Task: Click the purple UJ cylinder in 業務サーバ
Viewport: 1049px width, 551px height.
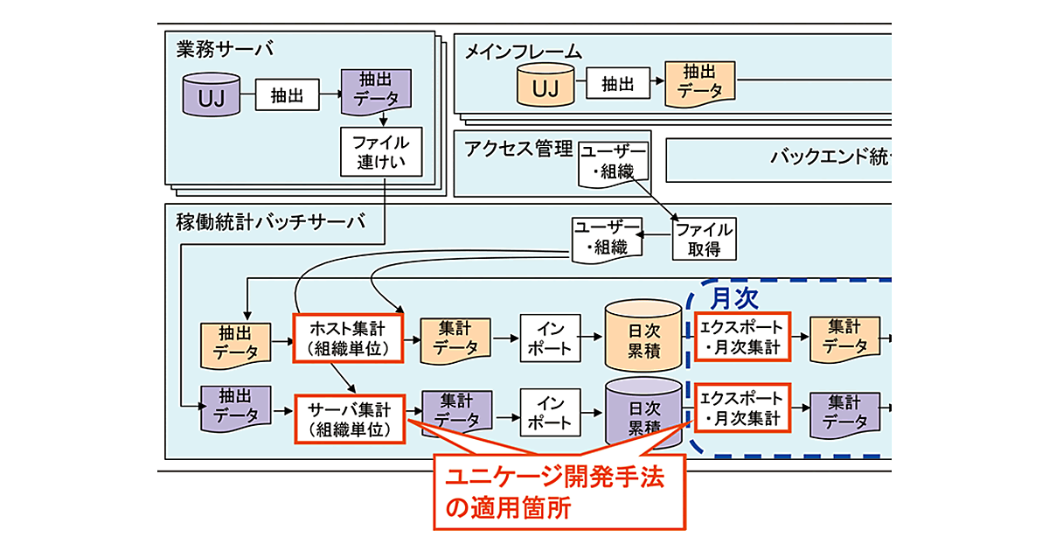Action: point(212,95)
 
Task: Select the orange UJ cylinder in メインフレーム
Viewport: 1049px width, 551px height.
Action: point(545,86)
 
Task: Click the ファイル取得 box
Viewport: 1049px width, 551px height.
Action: point(704,238)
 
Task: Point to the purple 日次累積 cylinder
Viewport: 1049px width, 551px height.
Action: point(644,414)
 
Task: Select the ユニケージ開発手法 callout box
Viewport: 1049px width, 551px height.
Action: point(559,492)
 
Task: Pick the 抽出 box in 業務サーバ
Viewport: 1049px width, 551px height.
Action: point(288,95)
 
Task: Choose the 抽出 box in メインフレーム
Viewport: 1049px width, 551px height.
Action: point(618,84)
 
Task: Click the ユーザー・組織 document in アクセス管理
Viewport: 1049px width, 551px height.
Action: point(615,163)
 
